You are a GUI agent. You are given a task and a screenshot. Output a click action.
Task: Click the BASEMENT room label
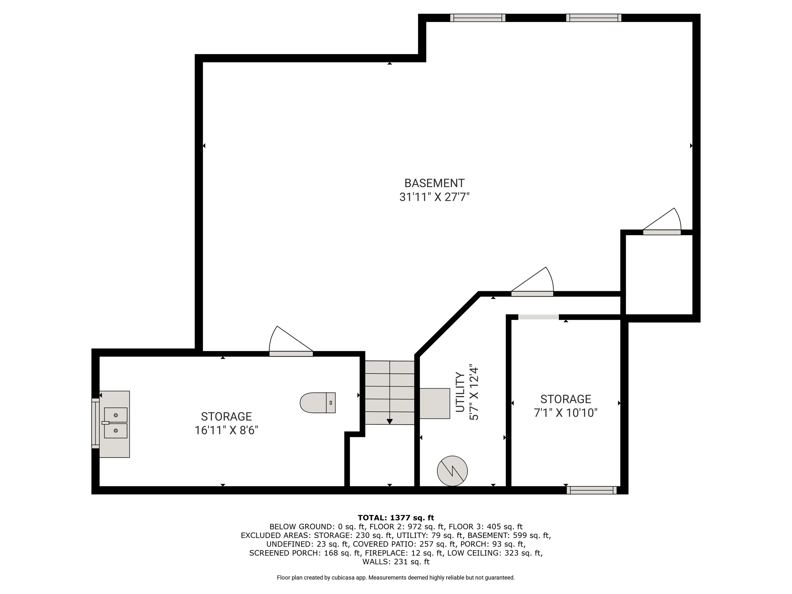[x=434, y=183]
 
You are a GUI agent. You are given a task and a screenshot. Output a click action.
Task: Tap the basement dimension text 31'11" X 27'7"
[x=434, y=197]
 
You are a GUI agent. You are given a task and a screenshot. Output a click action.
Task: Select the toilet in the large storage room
[x=317, y=403]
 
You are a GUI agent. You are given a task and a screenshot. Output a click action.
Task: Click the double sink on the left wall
[x=115, y=423]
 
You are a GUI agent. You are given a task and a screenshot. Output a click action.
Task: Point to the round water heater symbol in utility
[x=452, y=471]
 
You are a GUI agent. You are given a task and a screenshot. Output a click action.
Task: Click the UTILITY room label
[x=459, y=392]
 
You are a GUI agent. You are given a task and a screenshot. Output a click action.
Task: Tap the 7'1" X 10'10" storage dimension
[x=565, y=413]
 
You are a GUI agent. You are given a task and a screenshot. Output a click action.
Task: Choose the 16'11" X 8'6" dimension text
[x=226, y=430]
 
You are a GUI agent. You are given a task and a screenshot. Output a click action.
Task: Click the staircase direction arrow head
[x=389, y=422]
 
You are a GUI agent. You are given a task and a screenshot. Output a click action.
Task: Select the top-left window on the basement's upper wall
[x=478, y=18]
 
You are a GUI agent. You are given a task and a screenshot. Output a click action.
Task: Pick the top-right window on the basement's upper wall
[x=594, y=18]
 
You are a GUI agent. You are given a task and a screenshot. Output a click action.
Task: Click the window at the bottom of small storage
[x=592, y=490]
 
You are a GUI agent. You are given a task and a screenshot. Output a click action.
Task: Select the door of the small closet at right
[x=662, y=222]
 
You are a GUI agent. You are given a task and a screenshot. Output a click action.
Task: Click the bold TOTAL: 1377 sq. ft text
[x=396, y=518]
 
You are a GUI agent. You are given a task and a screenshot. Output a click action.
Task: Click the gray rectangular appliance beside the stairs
[x=435, y=403]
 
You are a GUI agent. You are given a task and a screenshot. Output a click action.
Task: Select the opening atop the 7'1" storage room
[x=538, y=317]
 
